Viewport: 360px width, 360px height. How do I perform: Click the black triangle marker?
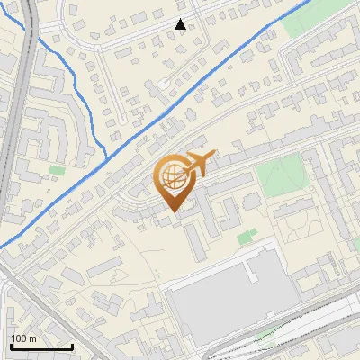pyautogui.click(x=181, y=24)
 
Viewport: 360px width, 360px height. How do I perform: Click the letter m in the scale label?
pyautogui.click(x=32, y=337)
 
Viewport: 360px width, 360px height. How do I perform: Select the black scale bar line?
pyautogui.click(x=40, y=346)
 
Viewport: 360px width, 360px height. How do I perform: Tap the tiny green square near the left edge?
pyautogui.click(x=58, y=169)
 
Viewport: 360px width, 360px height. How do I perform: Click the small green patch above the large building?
pyautogui.click(x=246, y=237)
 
